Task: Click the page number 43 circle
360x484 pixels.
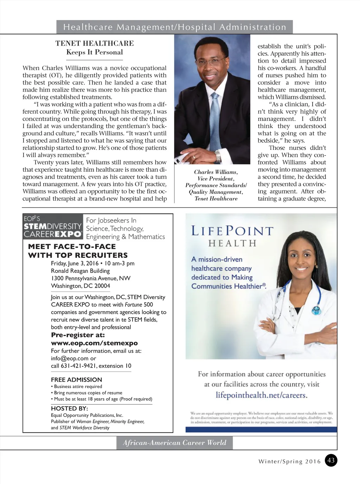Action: tap(331, 460)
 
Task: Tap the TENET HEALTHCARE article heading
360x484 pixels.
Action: tap(95, 43)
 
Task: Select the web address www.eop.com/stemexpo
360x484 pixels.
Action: tap(94, 343)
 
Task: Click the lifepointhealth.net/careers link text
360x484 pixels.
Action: tap(262, 395)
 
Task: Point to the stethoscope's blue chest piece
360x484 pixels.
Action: tap(317, 310)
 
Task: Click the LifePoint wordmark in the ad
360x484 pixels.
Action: tap(232, 231)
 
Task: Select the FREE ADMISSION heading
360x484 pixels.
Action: tap(76, 380)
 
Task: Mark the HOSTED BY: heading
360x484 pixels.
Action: tap(69, 408)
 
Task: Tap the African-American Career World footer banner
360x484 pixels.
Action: tap(174, 443)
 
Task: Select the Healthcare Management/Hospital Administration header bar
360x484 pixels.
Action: tap(174, 27)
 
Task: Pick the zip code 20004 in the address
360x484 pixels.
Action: tap(102, 286)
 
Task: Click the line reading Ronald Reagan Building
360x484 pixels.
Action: tap(80, 271)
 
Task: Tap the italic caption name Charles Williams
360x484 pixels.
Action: tap(216, 172)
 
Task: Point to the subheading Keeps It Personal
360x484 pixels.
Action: tap(95, 52)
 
